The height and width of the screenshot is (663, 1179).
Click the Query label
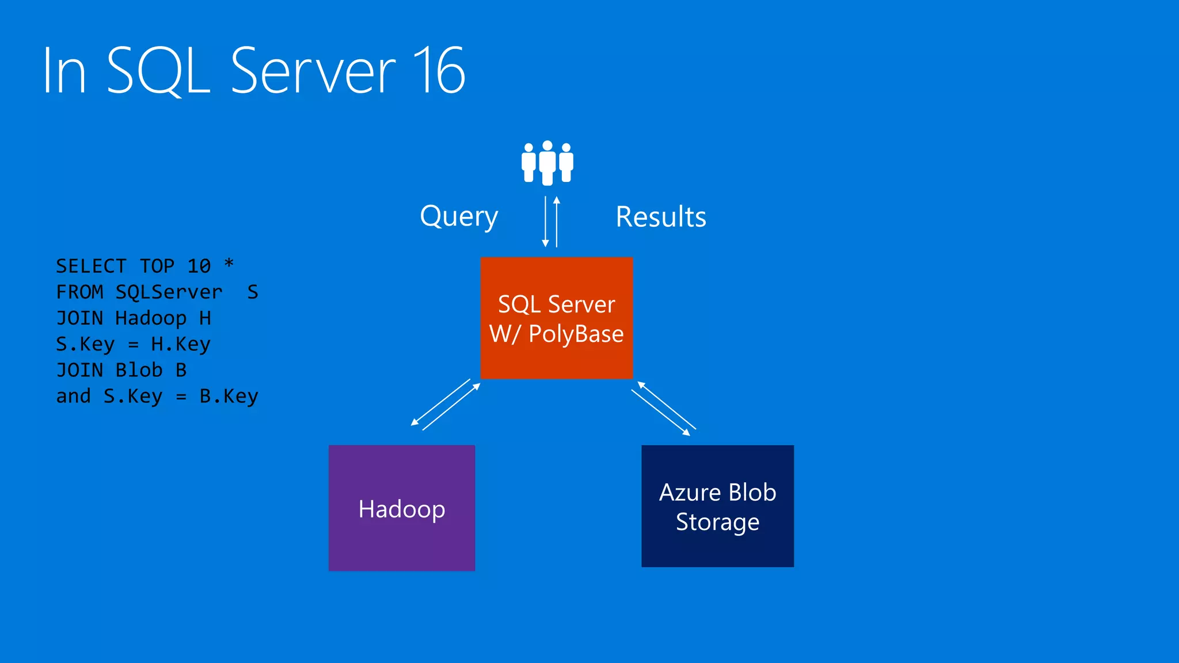click(459, 217)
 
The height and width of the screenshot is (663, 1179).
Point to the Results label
click(661, 217)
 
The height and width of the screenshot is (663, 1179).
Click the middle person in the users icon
click(547, 162)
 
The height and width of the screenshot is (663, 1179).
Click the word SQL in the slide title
click(158, 71)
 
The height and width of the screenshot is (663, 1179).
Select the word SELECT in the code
click(91, 266)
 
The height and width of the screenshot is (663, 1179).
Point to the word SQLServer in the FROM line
click(169, 292)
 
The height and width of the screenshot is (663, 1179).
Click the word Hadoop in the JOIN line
click(151, 318)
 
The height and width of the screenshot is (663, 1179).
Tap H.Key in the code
click(181, 344)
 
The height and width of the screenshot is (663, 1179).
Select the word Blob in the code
click(139, 370)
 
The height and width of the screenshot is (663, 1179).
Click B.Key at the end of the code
click(229, 396)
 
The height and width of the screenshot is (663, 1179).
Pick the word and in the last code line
click(73, 396)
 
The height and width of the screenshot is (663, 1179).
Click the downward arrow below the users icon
click(545, 222)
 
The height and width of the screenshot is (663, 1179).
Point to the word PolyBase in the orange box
click(576, 334)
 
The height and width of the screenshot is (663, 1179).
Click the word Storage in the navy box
click(717, 522)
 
